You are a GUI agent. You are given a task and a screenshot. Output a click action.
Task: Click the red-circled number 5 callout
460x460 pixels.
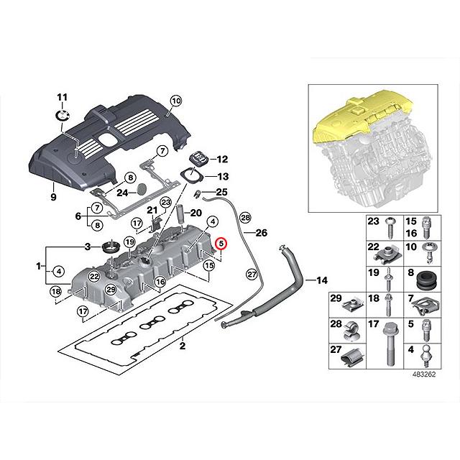coord(221,244)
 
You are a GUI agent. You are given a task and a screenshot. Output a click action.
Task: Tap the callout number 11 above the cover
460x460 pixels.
coord(61,97)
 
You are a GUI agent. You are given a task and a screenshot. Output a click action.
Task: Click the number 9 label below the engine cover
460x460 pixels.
coord(53,195)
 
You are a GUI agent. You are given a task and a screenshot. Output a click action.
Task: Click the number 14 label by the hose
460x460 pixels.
coord(321,278)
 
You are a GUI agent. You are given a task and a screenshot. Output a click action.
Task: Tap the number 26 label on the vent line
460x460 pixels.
coord(261,233)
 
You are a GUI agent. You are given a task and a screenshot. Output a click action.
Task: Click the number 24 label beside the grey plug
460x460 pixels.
coord(122,192)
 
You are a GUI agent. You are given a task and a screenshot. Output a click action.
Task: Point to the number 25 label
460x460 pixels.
coord(221,191)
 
